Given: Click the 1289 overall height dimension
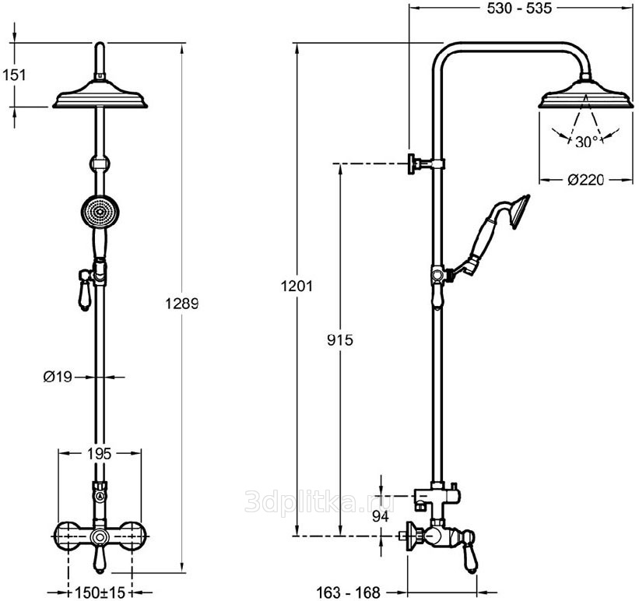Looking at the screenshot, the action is click(x=182, y=304).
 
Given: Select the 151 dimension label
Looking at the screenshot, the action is click(x=14, y=75).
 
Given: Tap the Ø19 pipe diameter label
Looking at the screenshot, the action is click(x=58, y=377).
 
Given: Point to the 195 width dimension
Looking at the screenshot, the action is click(x=100, y=453).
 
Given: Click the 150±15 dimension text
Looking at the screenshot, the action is click(x=100, y=592).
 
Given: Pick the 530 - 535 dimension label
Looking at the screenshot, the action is click(x=519, y=8).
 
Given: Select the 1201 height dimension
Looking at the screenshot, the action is click(x=297, y=286).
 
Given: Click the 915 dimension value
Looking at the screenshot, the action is click(x=340, y=339).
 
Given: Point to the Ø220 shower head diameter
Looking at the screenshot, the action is click(x=586, y=179).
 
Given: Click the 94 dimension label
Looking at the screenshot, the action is click(x=381, y=517).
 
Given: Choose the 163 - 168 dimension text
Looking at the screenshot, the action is click(x=348, y=592).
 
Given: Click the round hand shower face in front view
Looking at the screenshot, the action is click(x=100, y=212).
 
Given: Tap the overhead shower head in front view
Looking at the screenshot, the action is click(x=100, y=95).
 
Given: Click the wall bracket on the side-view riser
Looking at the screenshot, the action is click(x=426, y=163).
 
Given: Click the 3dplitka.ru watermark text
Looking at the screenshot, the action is click(x=319, y=501).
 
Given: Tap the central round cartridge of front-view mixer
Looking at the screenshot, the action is click(x=99, y=537).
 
